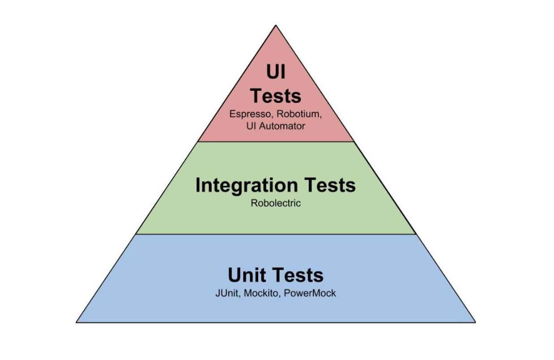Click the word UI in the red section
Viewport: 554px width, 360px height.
(x=276, y=73)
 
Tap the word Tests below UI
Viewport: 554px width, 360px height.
(x=276, y=96)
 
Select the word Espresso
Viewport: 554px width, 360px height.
(x=248, y=114)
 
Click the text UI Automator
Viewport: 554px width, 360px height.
(x=276, y=126)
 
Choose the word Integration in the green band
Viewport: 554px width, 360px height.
(x=247, y=185)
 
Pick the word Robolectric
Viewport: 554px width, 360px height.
(x=276, y=203)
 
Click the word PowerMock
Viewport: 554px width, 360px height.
(x=310, y=294)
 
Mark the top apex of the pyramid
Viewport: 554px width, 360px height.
(x=276, y=25)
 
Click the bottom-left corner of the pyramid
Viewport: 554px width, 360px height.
(x=77, y=322)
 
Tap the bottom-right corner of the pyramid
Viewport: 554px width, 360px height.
(x=475, y=322)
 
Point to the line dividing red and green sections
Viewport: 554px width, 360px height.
(x=276, y=142)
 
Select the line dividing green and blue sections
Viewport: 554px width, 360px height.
(x=276, y=234)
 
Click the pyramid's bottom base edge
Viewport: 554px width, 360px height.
(x=276, y=322)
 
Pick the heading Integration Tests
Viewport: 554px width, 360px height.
(x=276, y=185)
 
